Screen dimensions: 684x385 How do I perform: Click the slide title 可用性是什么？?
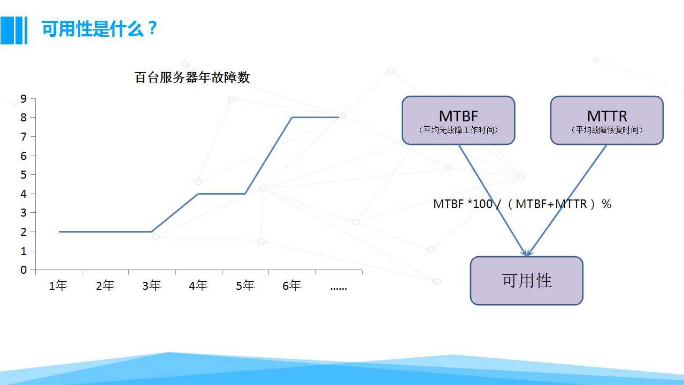[99, 29]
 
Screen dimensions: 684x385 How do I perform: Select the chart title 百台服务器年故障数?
[193, 77]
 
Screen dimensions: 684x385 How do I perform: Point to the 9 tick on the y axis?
[24, 98]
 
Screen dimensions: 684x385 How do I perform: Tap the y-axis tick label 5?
[24, 175]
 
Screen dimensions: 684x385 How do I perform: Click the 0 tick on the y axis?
[24, 270]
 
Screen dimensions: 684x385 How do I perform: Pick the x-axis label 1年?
[58, 286]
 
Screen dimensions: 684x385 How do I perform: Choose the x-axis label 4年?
[198, 286]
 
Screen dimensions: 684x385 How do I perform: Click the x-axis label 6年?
[291, 286]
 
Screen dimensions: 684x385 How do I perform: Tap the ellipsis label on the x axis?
[339, 288]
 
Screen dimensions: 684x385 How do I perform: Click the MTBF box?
[458, 120]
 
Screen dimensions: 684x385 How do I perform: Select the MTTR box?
[607, 120]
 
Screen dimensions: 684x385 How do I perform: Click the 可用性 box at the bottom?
[527, 281]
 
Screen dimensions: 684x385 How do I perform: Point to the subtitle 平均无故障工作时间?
[459, 130]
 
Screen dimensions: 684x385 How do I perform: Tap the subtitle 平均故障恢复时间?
[607, 130]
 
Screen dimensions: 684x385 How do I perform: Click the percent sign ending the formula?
[606, 204]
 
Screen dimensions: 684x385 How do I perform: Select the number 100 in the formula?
[482, 204]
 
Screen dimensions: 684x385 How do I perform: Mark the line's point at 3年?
[152, 232]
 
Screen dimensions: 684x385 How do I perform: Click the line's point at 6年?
[292, 117]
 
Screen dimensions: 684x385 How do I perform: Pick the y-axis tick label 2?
[24, 232]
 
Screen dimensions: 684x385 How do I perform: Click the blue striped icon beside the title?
[14, 30]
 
